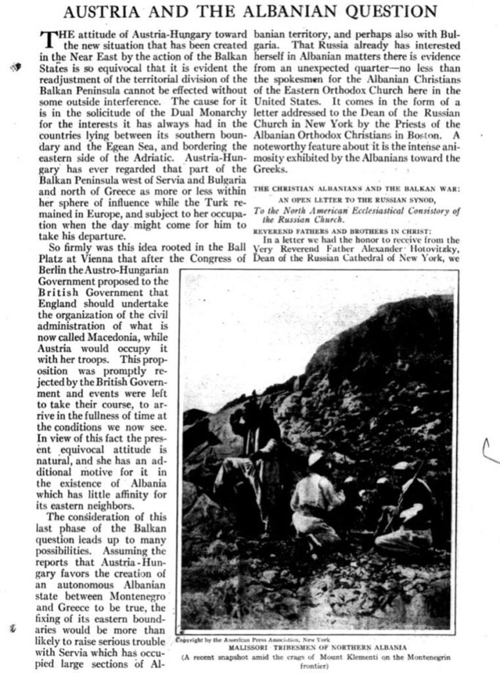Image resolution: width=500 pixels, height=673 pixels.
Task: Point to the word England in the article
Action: (58, 301)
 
